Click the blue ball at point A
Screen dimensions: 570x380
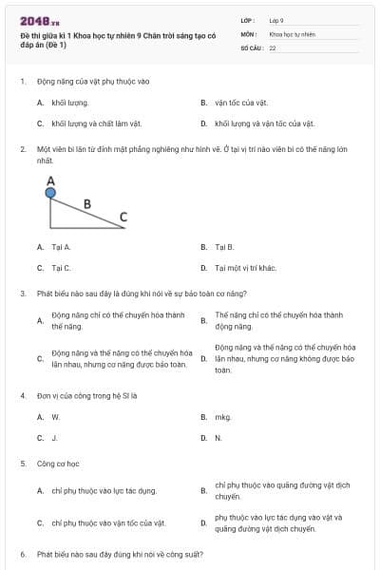tap(50, 193)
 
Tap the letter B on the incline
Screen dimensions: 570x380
tap(87, 202)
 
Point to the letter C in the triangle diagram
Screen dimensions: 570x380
tap(123, 217)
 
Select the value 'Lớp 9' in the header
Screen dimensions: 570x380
tap(276, 19)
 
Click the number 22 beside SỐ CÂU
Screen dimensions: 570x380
tap(273, 47)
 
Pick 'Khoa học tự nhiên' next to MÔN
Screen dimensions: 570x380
tap(291, 32)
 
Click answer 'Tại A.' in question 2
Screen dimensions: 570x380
tap(61, 247)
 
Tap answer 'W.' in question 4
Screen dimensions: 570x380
tap(55, 416)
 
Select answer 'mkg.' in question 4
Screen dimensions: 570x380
tap(223, 416)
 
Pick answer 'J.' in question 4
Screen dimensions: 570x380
tap(54, 438)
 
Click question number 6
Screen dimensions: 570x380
tap(22, 553)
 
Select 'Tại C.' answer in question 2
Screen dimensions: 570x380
tap(61, 268)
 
